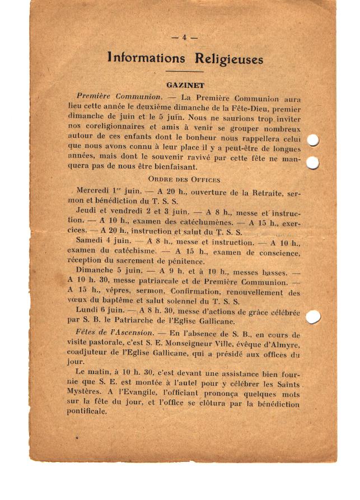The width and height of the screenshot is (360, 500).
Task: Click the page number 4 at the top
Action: (x=184, y=38)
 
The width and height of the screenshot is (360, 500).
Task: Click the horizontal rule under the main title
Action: (x=184, y=72)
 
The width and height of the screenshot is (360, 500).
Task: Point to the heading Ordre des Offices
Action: (x=184, y=180)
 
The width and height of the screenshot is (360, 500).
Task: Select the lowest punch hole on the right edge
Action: (x=314, y=316)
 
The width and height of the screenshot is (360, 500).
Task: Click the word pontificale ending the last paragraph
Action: (x=87, y=412)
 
